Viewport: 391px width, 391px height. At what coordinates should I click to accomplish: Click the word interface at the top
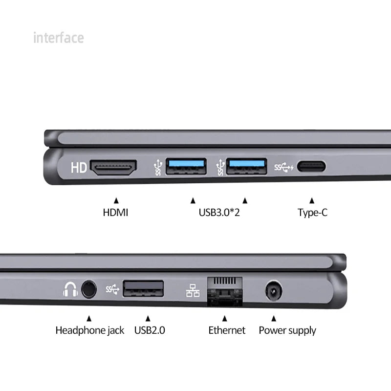(x=58, y=38)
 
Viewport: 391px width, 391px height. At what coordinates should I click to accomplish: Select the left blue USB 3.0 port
(x=186, y=167)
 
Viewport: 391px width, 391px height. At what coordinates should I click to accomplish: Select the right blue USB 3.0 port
(x=247, y=167)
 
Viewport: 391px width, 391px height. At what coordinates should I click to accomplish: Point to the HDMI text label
(x=115, y=213)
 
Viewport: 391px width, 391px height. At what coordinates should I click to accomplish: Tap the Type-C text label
(x=312, y=213)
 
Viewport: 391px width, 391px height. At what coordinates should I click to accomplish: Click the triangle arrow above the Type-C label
(x=312, y=200)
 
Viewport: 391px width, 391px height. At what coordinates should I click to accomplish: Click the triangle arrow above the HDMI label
(x=116, y=200)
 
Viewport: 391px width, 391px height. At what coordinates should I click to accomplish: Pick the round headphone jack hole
(x=88, y=289)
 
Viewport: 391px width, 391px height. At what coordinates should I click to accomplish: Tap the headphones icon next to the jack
(x=70, y=290)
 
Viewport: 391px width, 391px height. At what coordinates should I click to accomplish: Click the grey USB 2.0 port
(x=143, y=288)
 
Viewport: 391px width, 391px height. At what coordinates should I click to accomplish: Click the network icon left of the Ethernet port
(x=193, y=290)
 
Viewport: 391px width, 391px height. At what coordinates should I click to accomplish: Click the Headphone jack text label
(x=89, y=330)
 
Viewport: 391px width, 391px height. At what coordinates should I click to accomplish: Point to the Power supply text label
(x=287, y=330)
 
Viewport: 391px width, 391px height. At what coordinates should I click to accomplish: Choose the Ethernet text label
(x=227, y=330)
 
